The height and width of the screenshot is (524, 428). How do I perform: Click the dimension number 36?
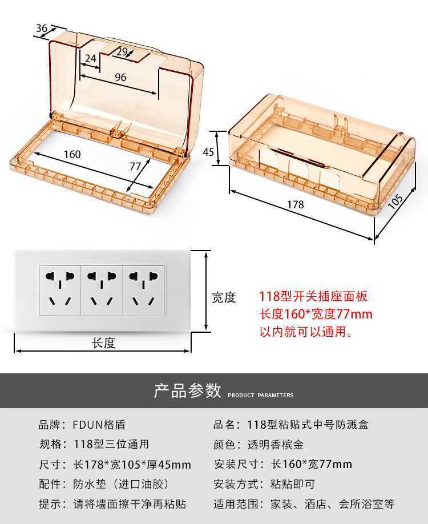[x=42, y=29]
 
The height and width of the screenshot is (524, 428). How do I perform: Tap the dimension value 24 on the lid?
[x=90, y=58]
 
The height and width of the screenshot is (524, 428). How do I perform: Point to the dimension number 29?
[x=122, y=51]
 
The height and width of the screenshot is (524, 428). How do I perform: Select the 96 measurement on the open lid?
[x=120, y=78]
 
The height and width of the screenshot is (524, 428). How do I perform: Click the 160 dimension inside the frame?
[x=72, y=154]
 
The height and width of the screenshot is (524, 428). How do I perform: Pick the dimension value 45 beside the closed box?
[x=208, y=152]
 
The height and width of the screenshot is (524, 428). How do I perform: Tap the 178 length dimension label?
[x=295, y=204]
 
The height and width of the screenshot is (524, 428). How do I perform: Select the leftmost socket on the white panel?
[x=60, y=289]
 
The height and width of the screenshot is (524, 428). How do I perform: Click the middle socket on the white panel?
[x=102, y=289]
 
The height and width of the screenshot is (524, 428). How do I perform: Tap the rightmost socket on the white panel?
[x=144, y=289]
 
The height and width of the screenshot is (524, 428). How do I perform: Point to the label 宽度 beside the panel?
[x=224, y=297]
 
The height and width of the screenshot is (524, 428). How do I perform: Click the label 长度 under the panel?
[x=103, y=342]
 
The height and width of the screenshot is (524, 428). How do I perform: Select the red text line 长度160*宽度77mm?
[x=316, y=314]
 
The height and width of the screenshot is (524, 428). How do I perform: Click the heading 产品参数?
[x=187, y=390]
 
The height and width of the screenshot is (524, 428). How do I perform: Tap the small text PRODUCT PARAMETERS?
[x=261, y=395]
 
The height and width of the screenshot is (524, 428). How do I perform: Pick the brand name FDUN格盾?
[x=99, y=425]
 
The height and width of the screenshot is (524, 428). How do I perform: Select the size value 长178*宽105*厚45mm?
[x=132, y=464]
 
